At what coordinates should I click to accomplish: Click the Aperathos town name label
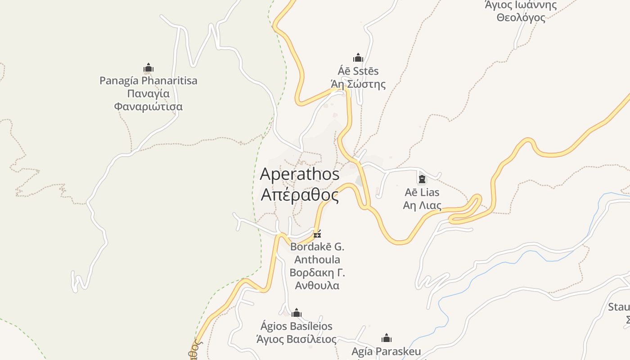click(300, 174)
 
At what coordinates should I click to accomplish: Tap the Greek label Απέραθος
click(300, 195)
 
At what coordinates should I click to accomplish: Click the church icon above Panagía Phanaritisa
click(148, 68)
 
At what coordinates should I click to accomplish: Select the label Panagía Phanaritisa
click(148, 81)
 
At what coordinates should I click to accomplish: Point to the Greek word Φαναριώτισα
click(148, 107)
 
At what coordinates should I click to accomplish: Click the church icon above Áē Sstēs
click(358, 58)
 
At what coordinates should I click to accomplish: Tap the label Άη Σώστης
click(358, 84)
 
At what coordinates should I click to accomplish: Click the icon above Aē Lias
click(422, 179)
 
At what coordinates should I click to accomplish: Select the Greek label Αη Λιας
click(422, 206)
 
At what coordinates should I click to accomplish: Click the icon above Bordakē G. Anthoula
click(317, 234)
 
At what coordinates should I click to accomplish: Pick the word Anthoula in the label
click(317, 260)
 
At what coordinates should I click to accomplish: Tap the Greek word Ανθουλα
click(317, 286)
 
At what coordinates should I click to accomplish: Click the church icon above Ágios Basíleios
click(297, 313)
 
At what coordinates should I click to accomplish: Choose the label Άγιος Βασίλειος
click(297, 339)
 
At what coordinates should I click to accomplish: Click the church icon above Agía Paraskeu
click(387, 338)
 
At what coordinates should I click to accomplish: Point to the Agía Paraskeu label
click(387, 351)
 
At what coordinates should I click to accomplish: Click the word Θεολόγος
click(521, 18)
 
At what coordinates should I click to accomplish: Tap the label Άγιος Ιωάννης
click(521, 5)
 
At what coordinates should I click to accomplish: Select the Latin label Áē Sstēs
click(358, 71)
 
